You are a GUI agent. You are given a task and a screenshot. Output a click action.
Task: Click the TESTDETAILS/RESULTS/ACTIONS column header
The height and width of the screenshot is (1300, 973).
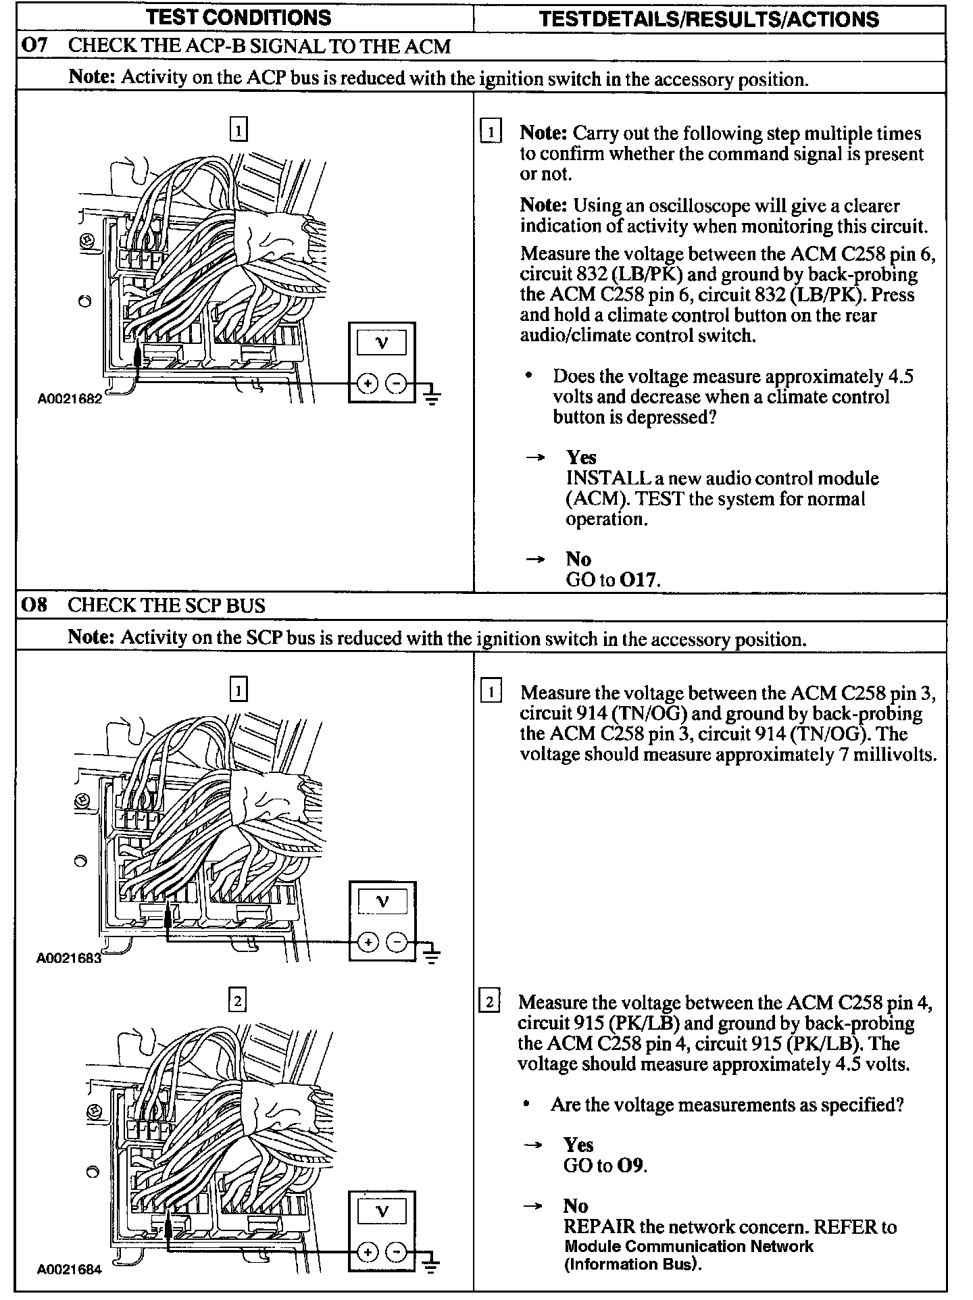709,19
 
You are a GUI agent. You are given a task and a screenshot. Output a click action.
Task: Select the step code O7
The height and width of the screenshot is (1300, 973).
35,46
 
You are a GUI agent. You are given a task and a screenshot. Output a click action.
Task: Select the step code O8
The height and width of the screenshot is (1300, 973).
34,605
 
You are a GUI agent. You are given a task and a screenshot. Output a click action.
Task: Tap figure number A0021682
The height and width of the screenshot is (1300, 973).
70,399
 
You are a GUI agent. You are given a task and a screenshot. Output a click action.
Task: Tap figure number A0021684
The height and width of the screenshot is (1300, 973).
69,1269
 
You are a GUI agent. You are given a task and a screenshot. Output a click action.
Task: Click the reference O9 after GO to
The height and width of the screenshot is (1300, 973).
632,1166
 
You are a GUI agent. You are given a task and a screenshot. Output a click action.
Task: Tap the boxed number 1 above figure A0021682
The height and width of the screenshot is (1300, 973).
239,129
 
